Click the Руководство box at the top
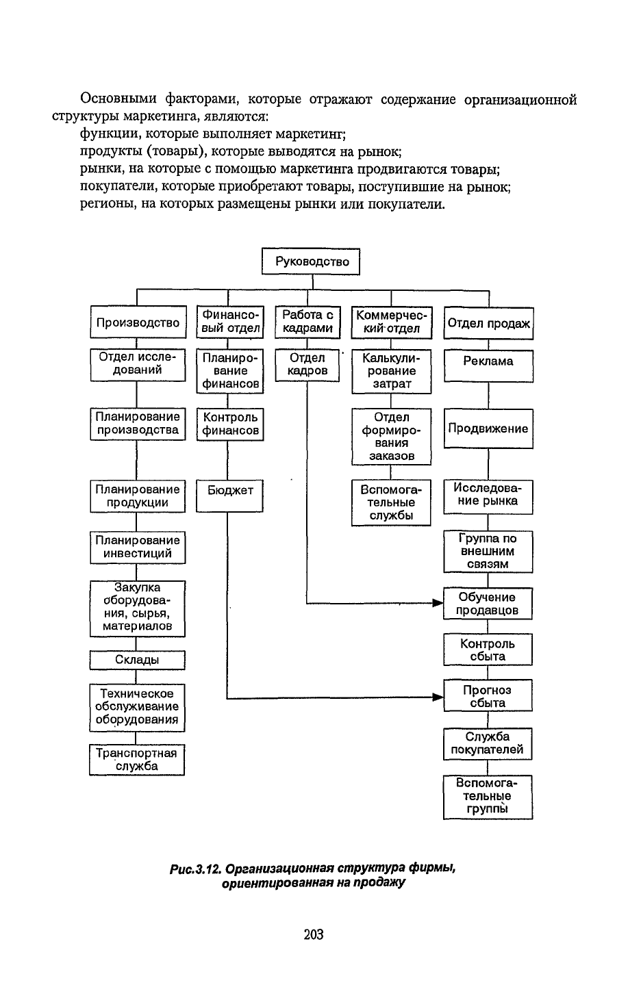[311, 261]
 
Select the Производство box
[138, 322]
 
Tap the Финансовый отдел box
[230, 322]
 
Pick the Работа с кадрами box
[307, 322]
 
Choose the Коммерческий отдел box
[392, 322]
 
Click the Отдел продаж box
[488, 324]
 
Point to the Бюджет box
[229, 496]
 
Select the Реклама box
[488, 366]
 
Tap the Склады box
[138, 660]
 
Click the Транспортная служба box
[137, 760]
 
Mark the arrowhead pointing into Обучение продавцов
[438, 603]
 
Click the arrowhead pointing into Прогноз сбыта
[438, 697]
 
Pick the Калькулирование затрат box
[392, 372]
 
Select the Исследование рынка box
[488, 497]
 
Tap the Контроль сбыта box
[488, 650]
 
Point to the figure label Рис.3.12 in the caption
[194, 869]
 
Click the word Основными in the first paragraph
[118, 99]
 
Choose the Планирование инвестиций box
[138, 548]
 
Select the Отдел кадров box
[307, 366]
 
